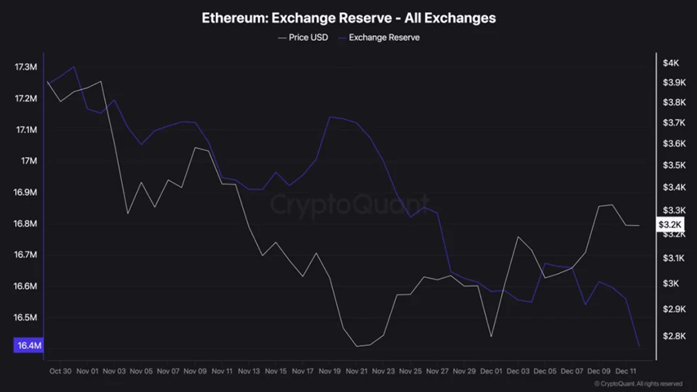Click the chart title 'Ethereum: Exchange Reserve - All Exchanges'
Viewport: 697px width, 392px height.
pos(348,18)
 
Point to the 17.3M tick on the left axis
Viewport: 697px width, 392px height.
pos(25,67)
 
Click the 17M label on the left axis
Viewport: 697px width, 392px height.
pos(28,161)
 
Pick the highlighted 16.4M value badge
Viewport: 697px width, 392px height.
pos(28,345)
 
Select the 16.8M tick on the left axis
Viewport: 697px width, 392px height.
pos(25,224)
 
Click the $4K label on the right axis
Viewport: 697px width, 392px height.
pos(670,63)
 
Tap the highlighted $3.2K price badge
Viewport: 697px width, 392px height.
pos(669,225)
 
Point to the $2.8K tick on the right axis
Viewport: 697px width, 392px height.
pos(673,335)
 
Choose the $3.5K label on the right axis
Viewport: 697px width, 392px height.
pos(673,166)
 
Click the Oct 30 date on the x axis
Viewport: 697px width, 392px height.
pos(60,371)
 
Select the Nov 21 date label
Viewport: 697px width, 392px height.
pos(357,371)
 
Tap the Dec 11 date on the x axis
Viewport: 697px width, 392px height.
pos(626,371)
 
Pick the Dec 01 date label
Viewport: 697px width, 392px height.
pos(492,371)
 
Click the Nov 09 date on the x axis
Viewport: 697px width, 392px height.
pos(195,371)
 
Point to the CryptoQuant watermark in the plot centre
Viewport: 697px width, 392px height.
pos(349,204)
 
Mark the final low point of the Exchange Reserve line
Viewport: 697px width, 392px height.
pos(639,346)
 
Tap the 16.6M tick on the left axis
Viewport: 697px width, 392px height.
pos(25,287)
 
